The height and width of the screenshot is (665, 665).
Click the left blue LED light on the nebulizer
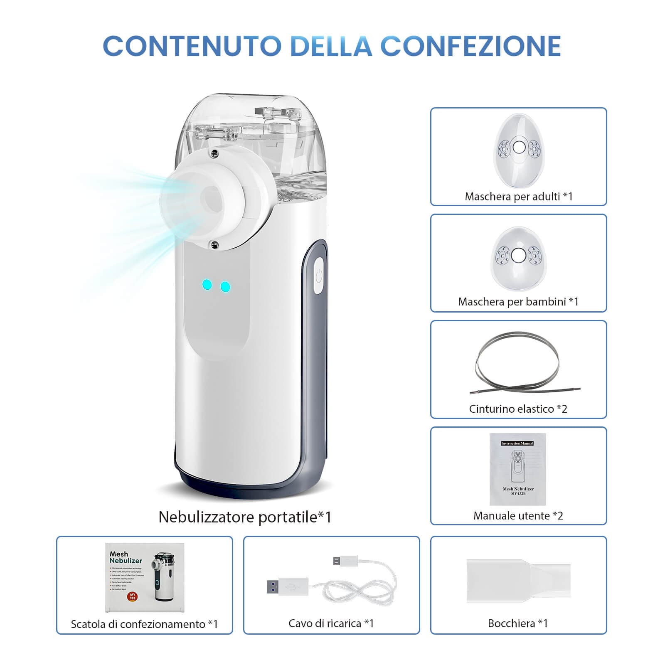coord(207,285)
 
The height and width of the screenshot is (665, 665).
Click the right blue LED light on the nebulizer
coord(225,287)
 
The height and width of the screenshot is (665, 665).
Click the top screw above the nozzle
coord(214,153)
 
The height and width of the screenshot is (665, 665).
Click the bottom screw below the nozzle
coord(215,245)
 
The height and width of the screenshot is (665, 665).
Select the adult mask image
coord(519,150)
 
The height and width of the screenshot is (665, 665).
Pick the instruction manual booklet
coord(517,469)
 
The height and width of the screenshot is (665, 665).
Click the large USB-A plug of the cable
coord(287,586)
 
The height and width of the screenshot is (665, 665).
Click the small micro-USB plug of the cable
coord(345,561)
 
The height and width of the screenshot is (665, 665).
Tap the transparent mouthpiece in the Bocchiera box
coord(518,581)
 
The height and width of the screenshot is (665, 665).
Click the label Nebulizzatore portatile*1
coord(245,517)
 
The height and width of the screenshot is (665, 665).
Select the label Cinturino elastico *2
coord(518,409)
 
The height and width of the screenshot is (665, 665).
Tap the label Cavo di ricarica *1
coord(331,623)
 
